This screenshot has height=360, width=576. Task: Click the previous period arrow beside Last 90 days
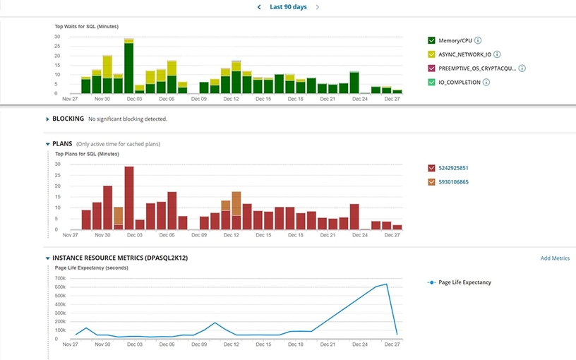coord(259,7)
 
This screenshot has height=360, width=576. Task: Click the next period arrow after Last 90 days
coord(318,7)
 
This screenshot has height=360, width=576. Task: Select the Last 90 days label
coord(288,7)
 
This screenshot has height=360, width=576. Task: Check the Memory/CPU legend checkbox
coord(431,41)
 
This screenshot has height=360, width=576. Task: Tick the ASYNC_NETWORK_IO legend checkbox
coord(431,54)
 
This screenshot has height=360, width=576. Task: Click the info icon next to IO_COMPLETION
coord(487,83)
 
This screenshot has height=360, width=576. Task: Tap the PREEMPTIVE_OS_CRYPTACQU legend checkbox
coord(431,68)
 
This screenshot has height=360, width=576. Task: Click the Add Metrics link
coord(555,258)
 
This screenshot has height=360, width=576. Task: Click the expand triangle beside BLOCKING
coord(47,119)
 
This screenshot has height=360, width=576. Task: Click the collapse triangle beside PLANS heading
coord(47,144)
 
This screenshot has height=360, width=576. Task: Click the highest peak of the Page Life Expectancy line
coord(386,284)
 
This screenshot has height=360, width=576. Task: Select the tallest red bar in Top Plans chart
coord(129,198)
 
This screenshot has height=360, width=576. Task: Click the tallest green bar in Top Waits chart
coord(129,68)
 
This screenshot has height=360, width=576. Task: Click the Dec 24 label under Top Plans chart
coord(359,235)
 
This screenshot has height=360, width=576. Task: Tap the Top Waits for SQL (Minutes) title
coord(86,27)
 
